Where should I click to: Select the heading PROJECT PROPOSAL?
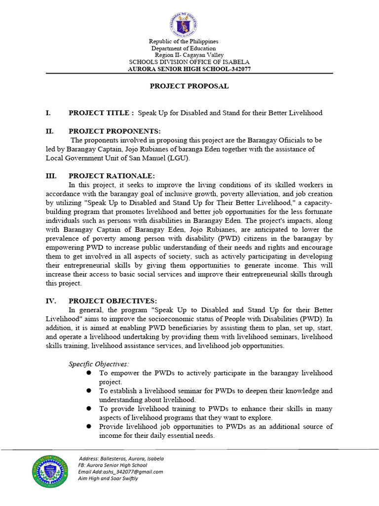coord(189,86)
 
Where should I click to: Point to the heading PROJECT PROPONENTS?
coord(114,131)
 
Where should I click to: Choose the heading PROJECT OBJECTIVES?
coord(113,301)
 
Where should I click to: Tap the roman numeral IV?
coord(51,301)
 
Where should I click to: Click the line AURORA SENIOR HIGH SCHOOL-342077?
coord(189,69)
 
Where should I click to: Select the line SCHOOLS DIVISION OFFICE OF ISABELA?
coord(189,62)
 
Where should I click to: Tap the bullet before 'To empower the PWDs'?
coord(89,372)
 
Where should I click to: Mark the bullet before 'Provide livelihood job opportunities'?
coord(89,426)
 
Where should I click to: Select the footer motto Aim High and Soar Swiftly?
coord(108,478)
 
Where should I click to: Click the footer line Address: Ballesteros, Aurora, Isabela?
coord(121,458)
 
